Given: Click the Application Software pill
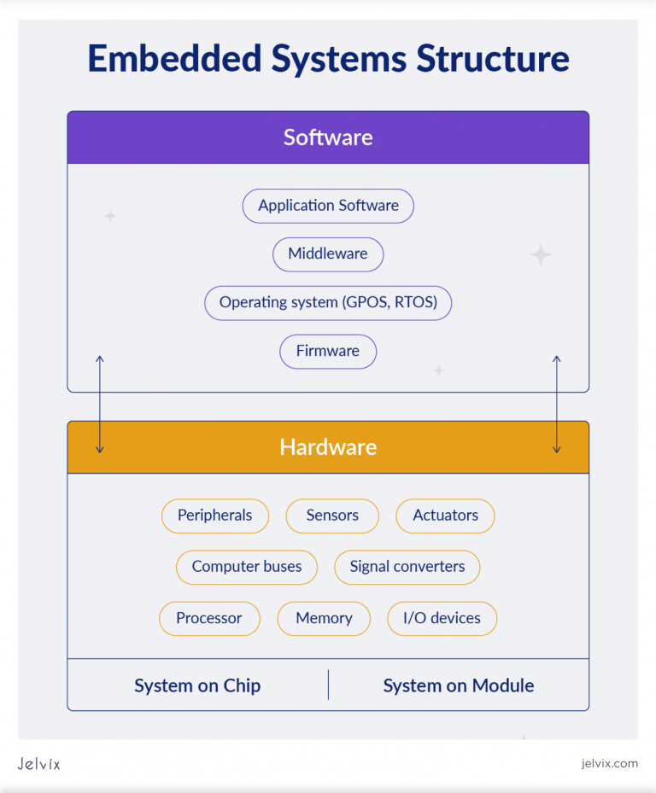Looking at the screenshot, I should pos(328,206).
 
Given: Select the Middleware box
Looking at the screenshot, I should pos(328,254).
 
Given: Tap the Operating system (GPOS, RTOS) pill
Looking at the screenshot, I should pos(328,302).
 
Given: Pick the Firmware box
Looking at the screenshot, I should pos(328,351).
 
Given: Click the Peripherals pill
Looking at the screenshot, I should pos(214,516).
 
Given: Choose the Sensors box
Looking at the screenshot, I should pos(332,516).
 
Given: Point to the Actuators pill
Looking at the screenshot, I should pos(445,516).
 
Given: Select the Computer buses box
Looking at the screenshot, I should pos(246,567).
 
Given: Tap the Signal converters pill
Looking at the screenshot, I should pos(407,567).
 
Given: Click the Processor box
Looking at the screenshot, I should pos(209,618).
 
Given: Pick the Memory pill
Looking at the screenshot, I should pos(324,618).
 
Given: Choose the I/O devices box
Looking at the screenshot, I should pos(442,618).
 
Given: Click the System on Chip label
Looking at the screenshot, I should pos(197,685).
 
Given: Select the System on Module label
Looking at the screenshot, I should pos(459,685).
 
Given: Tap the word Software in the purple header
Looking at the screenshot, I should pos(328,137).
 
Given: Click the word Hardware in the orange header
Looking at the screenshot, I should pos(328,447).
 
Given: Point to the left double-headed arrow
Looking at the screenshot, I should pos(100,404).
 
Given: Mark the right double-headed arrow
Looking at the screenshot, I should pos(557,404).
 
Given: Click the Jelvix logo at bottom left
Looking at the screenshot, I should pos(38,763).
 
